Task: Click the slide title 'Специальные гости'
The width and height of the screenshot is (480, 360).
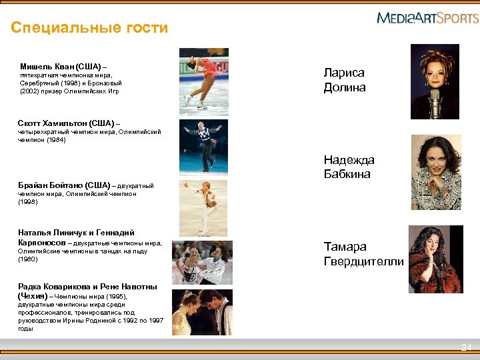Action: (x=89, y=28)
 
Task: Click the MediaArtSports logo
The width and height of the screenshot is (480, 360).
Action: (x=427, y=18)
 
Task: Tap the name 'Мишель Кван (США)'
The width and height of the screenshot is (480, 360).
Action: (x=61, y=67)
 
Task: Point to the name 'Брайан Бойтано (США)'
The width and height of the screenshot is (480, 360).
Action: (x=64, y=185)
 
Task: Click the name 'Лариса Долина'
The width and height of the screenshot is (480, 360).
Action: (x=345, y=80)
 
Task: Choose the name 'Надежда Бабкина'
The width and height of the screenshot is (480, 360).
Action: (x=349, y=167)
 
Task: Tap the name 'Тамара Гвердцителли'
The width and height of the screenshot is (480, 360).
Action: (x=363, y=253)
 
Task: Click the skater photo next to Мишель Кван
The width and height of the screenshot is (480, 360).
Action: (x=204, y=79)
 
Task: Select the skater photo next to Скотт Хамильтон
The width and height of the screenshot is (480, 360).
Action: (x=203, y=147)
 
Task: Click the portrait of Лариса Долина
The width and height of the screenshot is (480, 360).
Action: (x=435, y=81)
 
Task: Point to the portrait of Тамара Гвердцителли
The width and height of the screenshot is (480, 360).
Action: (x=435, y=259)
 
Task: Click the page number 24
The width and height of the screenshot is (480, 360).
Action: (x=466, y=347)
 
